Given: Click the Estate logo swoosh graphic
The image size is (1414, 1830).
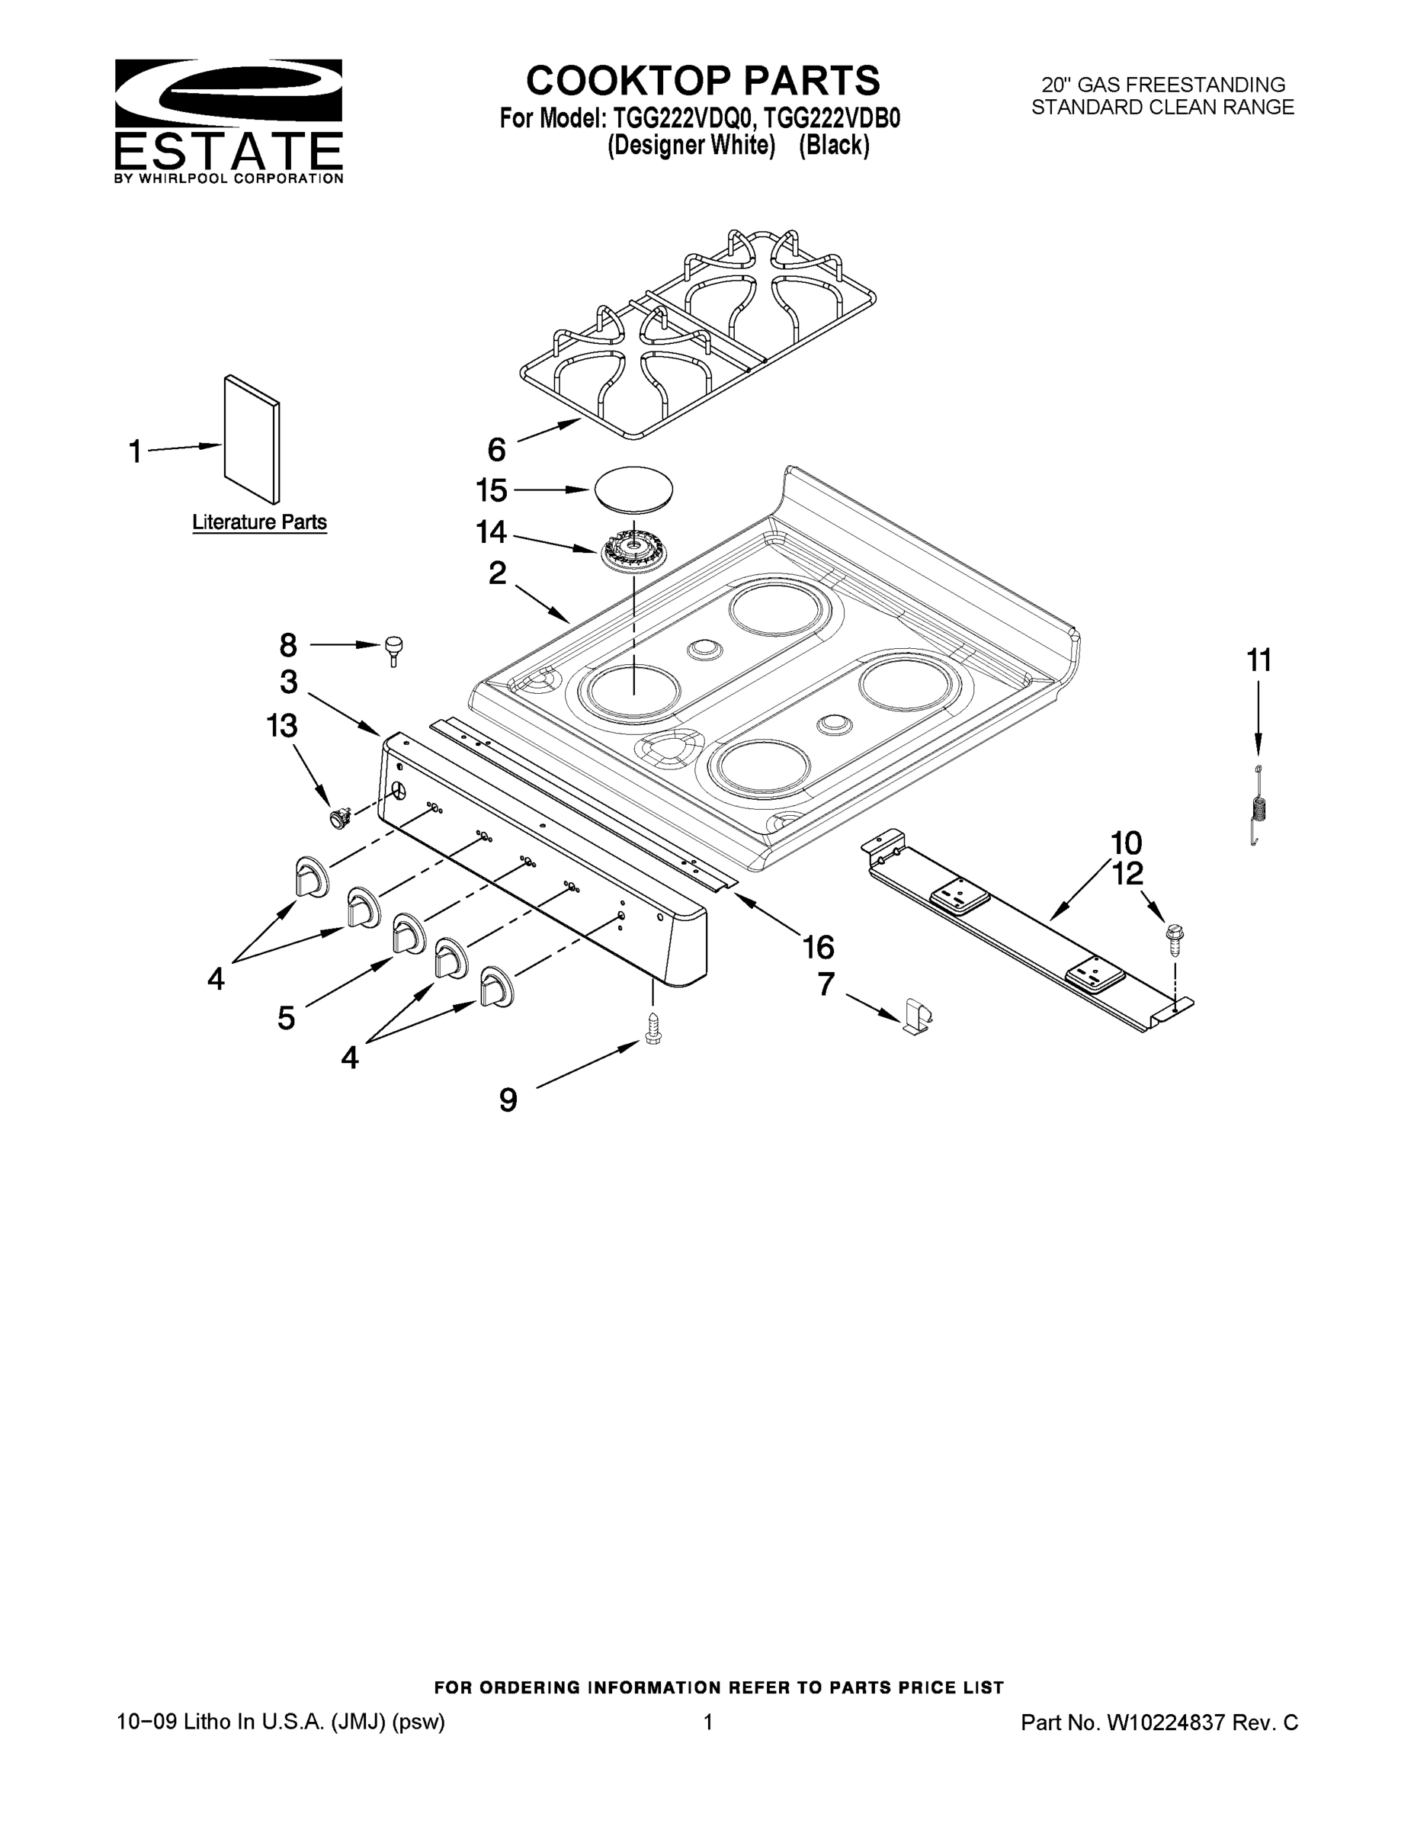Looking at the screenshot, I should click(228, 91).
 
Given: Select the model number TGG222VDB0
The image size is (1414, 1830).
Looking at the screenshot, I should click(832, 118).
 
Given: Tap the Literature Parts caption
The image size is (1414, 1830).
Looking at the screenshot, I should click(260, 522).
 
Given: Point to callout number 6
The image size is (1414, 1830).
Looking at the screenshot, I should click(497, 450).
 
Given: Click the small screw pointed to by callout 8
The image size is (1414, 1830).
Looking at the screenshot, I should click(393, 647).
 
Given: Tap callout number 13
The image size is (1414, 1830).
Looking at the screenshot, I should click(281, 726).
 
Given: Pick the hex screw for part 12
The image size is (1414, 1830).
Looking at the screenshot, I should click(1175, 938).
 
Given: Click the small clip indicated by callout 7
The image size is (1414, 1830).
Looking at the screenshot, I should click(917, 1016).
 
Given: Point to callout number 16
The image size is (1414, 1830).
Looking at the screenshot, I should click(818, 947).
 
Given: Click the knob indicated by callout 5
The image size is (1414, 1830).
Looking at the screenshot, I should click(407, 933).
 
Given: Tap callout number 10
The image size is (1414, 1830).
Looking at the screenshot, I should click(1127, 842).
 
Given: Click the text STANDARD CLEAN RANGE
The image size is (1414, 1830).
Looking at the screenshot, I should click(1162, 108).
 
